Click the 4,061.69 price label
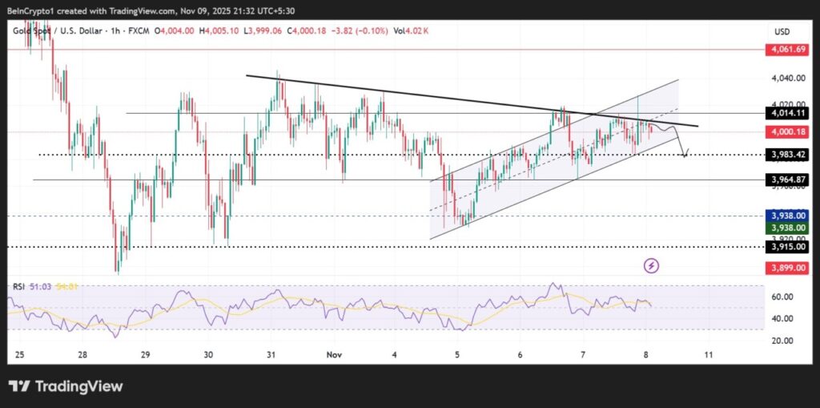pos(788,50)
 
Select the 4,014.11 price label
pos(788,114)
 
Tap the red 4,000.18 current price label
pos(788,131)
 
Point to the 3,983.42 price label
pos(788,155)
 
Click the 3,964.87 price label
pos(788,180)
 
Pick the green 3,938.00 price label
pos(788,228)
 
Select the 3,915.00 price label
pos(788,247)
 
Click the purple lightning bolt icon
pos(652,265)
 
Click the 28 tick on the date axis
pos(82,353)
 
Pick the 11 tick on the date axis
pos(708,353)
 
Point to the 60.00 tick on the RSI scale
pos(782,297)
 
